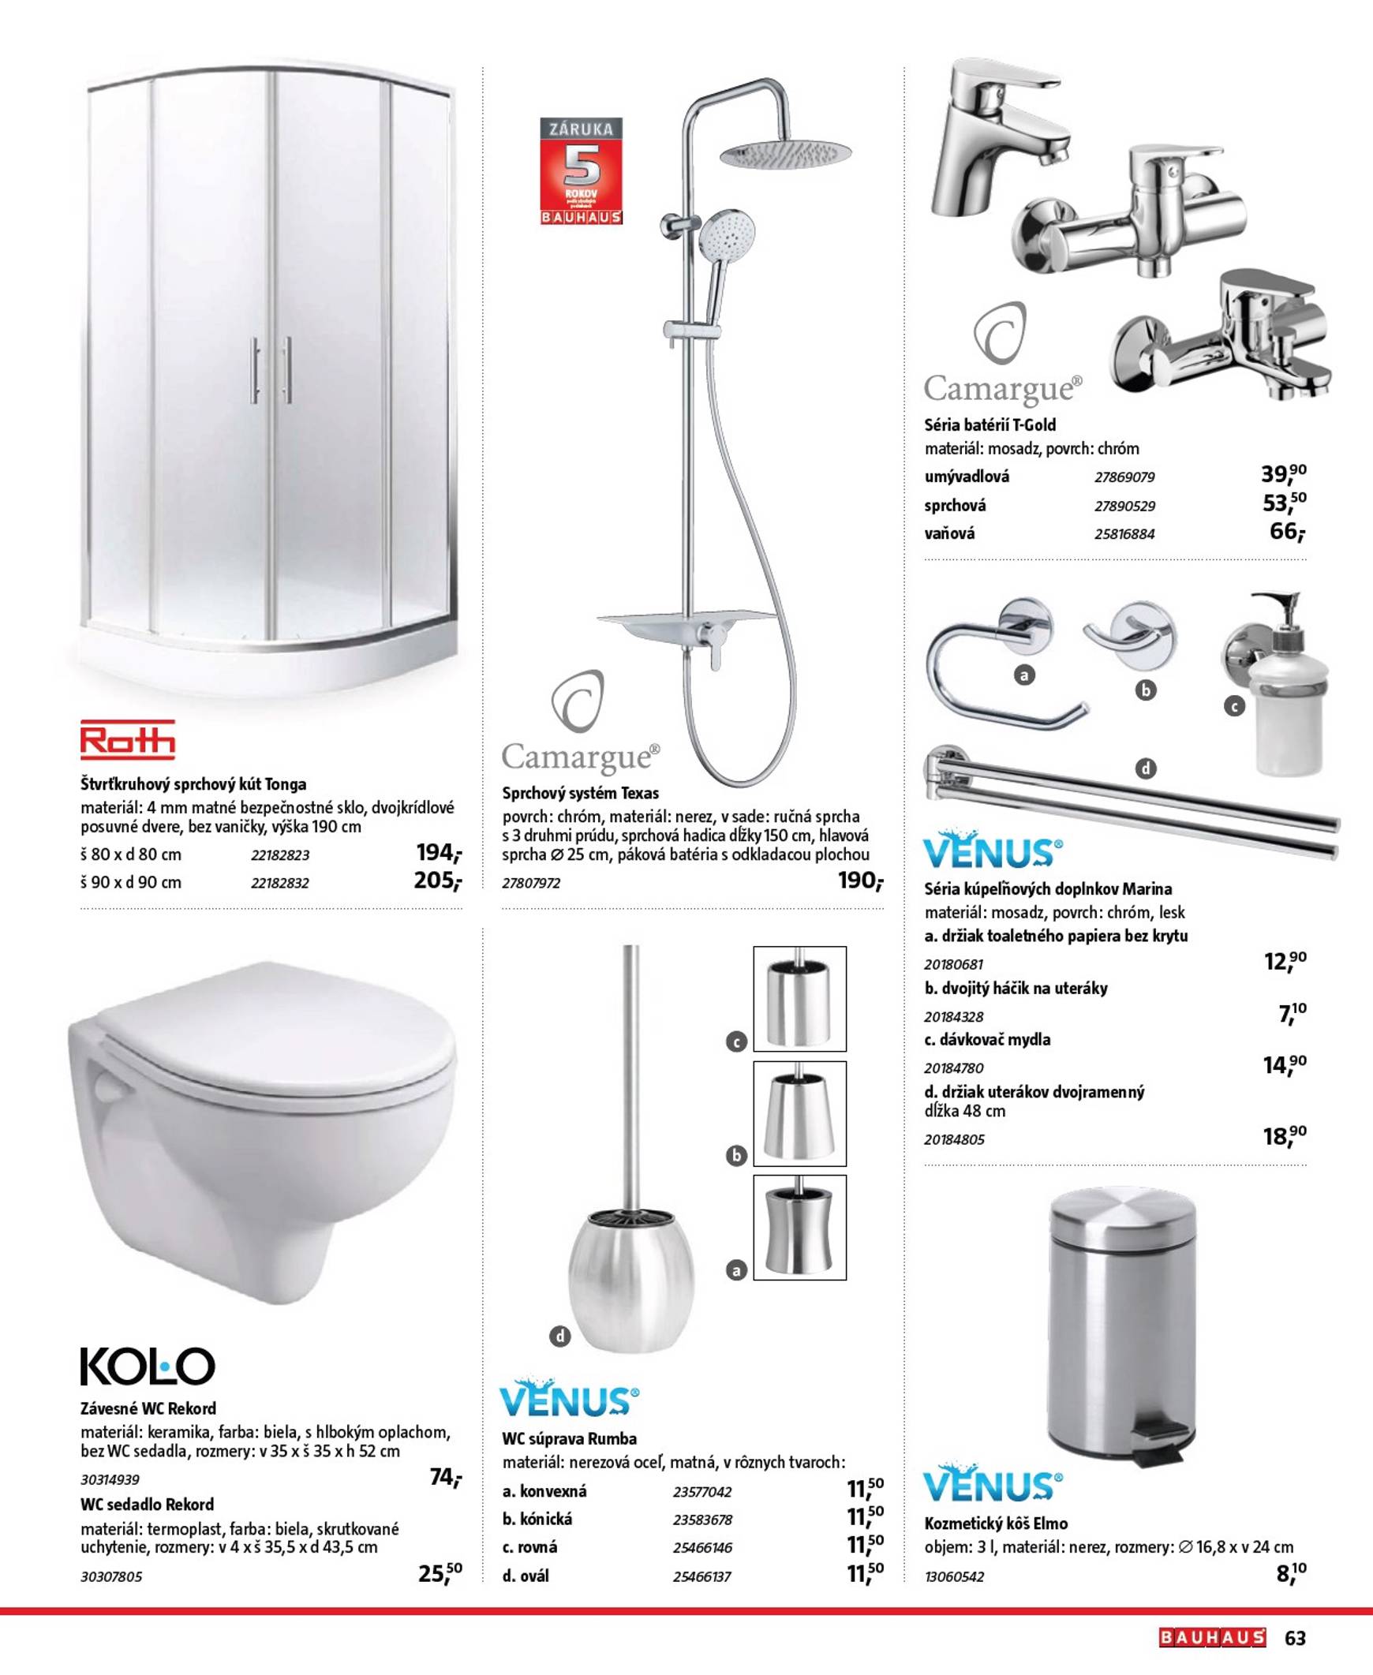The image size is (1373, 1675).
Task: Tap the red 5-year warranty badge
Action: tap(581, 171)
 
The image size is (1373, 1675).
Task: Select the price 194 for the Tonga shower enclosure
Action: tap(438, 853)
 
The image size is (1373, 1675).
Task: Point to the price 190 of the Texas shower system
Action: tap(860, 880)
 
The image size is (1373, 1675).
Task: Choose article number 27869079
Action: tap(1124, 477)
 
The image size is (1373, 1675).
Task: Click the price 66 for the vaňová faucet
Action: tap(1286, 532)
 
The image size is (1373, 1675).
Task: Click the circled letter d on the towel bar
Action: tap(1145, 768)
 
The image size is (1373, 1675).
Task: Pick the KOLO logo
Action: tap(148, 1366)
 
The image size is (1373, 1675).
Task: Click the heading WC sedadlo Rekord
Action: tap(147, 1504)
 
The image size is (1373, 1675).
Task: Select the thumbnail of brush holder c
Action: tap(799, 999)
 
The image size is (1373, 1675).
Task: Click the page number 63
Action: tap(1295, 1638)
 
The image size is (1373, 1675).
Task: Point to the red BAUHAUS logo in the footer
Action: tap(1213, 1638)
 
